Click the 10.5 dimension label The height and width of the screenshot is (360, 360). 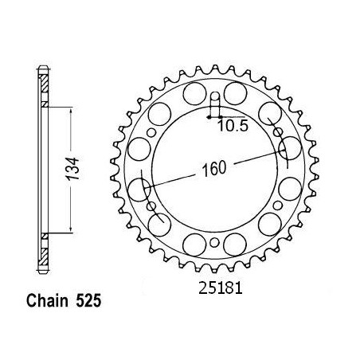(233, 126)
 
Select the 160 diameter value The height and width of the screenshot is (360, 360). (214, 168)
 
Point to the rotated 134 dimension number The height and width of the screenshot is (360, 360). (72, 169)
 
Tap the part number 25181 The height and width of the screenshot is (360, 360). (221, 288)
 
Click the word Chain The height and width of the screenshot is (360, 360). (47, 301)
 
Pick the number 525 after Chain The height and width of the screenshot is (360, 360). (88, 301)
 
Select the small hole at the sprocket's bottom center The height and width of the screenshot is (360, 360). (214, 242)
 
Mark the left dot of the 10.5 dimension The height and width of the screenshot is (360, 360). (209, 116)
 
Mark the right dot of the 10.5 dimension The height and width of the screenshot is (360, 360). (220, 116)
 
